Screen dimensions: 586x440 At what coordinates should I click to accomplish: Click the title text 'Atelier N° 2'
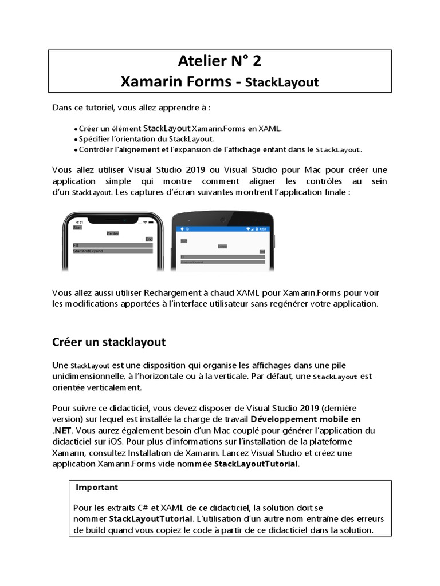(x=219, y=61)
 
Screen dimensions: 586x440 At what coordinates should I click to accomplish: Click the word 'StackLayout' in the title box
(x=281, y=82)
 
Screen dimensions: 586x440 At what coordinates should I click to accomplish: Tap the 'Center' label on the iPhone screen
(x=113, y=233)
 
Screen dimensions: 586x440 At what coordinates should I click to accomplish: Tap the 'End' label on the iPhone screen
(x=149, y=239)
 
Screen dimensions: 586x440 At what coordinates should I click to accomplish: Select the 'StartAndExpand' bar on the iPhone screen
(x=112, y=251)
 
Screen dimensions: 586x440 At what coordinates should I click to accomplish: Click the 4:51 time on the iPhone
(x=79, y=221)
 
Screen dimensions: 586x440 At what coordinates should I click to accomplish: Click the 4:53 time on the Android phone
(x=263, y=228)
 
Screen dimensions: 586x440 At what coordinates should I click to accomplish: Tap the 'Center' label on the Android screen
(x=222, y=246)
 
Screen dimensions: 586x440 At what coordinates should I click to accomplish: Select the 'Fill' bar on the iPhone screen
(x=112, y=245)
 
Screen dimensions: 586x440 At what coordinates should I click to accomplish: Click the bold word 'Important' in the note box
(x=97, y=487)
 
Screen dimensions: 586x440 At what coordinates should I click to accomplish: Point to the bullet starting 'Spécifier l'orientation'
(x=146, y=139)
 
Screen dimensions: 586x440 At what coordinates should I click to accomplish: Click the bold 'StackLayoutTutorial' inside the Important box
(x=151, y=519)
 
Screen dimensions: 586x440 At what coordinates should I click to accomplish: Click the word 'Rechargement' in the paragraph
(x=178, y=293)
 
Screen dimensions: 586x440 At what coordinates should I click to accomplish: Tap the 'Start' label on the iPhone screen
(x=77, y=227)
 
